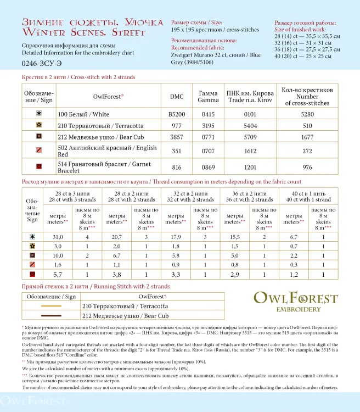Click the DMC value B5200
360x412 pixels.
[177, 114]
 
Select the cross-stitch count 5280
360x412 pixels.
[307, 114]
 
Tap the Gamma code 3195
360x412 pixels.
[208, 125]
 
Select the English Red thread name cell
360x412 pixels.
[106, 151]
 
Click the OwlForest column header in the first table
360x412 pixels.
[108, 96]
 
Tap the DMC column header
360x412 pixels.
[177, 96]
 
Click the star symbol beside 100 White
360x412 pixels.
[39, 114]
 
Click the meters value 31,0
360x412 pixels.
[58, 236]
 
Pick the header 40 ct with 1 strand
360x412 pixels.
[308, 196]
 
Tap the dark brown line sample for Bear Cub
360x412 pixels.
[51, 316]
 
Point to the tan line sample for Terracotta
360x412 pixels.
[51, 306]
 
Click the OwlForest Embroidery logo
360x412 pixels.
[295, 302]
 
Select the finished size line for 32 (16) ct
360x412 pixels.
[307, 42]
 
